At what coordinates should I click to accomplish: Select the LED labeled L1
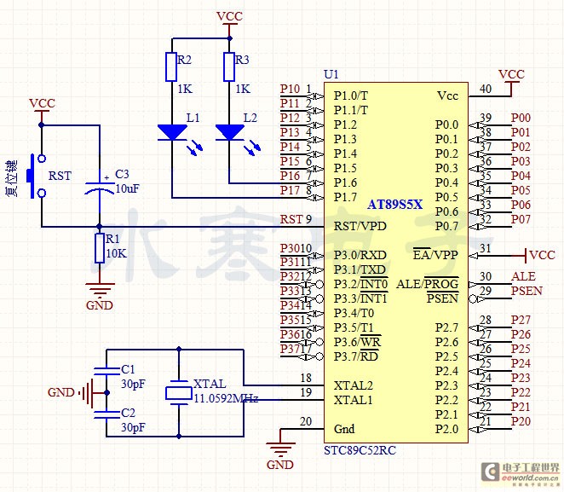click(x=171, y=132)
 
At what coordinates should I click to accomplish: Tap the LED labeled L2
click(x=228, y=132)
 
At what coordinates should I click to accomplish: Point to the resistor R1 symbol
click(x=101, y=247)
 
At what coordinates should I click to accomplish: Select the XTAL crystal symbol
click(x=177, y=392)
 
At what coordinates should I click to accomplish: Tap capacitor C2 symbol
click(x=106, y=414)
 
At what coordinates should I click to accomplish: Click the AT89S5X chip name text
click(x=394, y=205)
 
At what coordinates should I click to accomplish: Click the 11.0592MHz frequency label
click(x=225, y=398)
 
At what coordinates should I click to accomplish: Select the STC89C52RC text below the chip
click(x=359, y=449)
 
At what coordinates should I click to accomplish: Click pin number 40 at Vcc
click(x=486, y=88)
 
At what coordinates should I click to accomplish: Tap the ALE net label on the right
click(x=522, y=277)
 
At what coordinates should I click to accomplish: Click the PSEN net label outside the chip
click(x=526, y=292)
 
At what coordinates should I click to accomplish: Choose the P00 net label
click(x=521, y=118)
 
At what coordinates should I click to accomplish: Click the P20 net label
click(x=521, y=421)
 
